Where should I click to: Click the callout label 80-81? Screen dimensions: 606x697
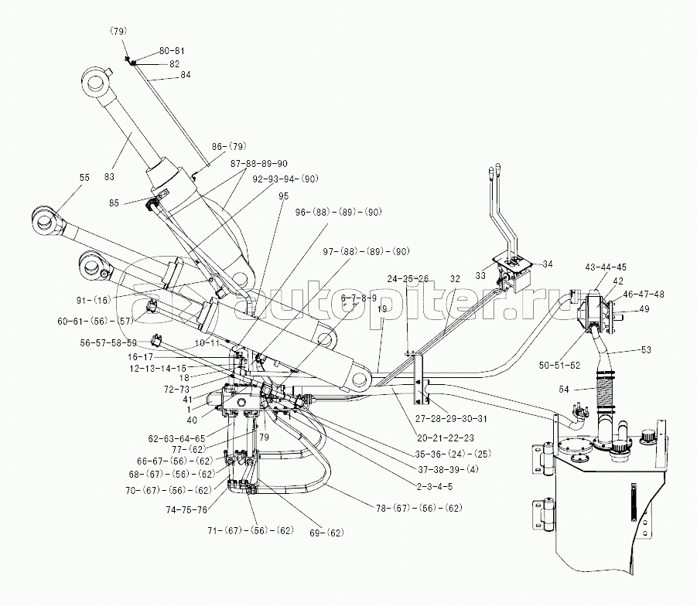click(172, 51)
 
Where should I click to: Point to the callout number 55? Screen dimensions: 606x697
click(84, 178)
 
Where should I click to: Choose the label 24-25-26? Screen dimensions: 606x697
click(408, 278)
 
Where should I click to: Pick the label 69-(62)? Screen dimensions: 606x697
click(326, 532)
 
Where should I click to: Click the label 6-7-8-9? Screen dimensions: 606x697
click(358, 298)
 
